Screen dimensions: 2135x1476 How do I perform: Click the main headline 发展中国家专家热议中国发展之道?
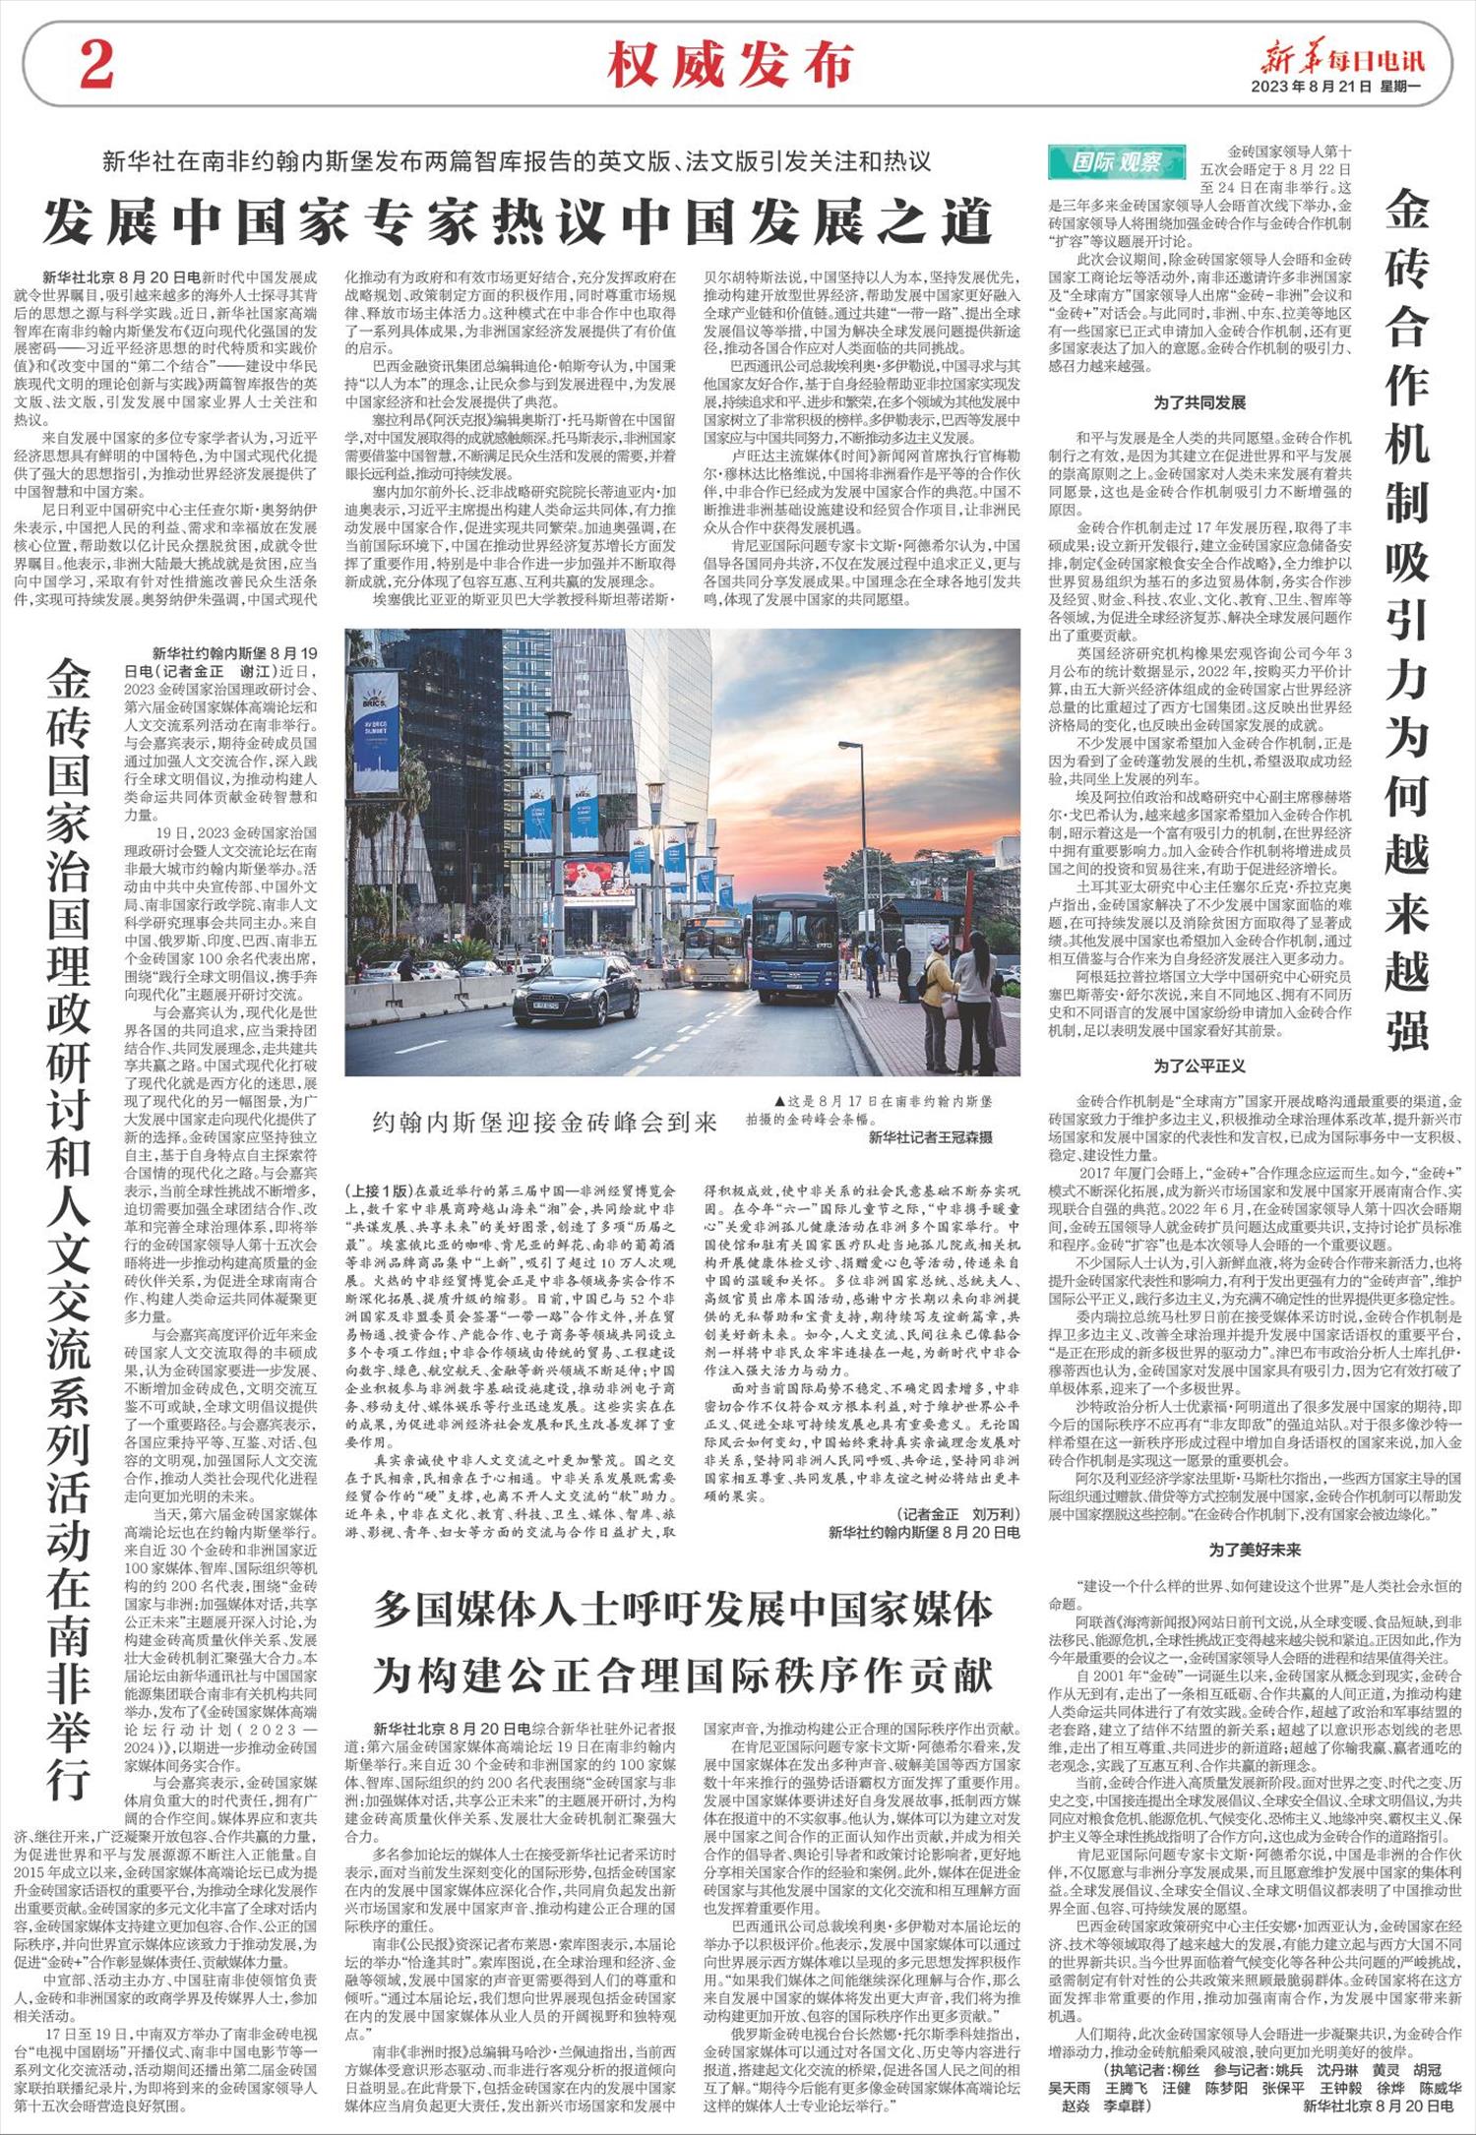click(x=517, y=221)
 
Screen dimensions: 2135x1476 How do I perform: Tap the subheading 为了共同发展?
click(x=1199, y=402)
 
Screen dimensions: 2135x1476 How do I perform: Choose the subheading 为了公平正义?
click(x=1199, y=1066)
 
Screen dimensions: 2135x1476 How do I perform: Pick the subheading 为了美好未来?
click(x=1255, y=1550)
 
